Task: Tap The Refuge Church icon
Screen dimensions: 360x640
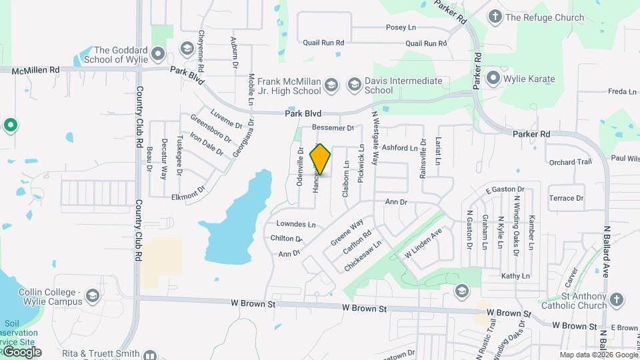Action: pos(495,17)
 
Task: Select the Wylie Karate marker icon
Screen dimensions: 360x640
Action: pos(493,79)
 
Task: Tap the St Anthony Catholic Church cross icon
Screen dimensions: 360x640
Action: pos(617,301)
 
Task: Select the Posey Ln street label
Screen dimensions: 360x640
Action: pos(401,28)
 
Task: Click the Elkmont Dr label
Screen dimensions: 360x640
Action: pos(187,196)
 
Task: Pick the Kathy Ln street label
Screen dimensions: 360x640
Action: pos(515,275)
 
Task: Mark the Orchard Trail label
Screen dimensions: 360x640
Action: pos(570,162)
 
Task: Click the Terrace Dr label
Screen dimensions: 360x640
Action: pos(566,198)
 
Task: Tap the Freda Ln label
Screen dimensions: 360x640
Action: pos(621,91)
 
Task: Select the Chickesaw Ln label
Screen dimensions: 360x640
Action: pos(363,255)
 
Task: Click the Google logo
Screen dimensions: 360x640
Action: pos(21,351)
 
